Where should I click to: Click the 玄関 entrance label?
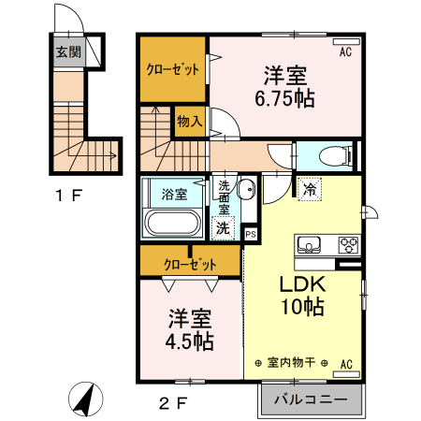coord(67,52)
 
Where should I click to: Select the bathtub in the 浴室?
coord(171,225)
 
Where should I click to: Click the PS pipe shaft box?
coord(250,234)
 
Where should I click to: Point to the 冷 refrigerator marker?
coord(310,188)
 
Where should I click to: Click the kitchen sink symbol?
coord(308,245)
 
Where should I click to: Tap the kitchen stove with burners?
coord(348,245)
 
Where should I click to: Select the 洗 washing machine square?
coord(223,226)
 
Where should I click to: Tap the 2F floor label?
coord(174,403)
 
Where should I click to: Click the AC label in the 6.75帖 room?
coord(344,51)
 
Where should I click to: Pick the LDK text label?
coord(299,285)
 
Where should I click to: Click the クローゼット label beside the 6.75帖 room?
coord(171,69)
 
